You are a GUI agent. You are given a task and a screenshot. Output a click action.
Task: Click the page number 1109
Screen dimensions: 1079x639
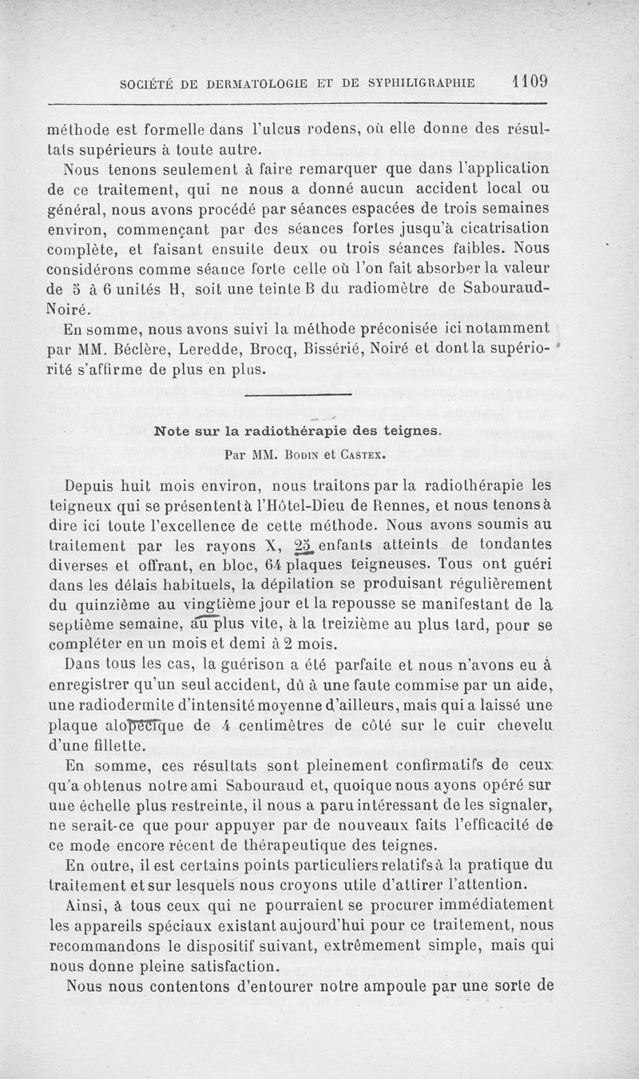click(x=525, y=82)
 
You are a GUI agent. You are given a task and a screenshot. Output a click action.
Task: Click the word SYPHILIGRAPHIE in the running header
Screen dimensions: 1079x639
click(x=416, y=83)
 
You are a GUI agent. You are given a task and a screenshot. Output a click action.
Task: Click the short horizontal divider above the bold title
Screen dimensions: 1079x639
click(x=298, y=395)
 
